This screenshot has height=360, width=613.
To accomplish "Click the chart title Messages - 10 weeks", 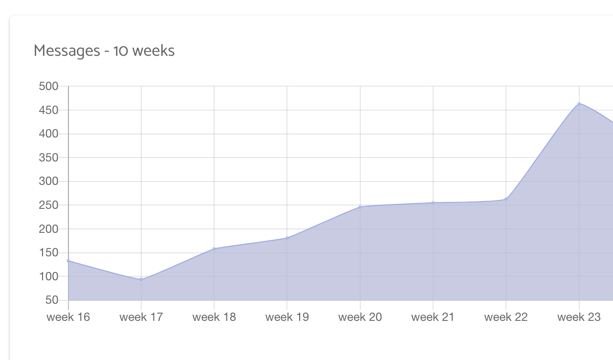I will (x=104, y=50).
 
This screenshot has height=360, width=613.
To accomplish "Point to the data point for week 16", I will (x=68, y=261).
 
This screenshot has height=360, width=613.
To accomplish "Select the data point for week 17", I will (x=141, y=279).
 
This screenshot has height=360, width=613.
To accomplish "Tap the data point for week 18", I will (x=214, y=249).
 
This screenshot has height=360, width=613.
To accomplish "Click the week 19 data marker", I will (x=287, y=238).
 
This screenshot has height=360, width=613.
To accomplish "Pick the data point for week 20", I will (x=360, y=207).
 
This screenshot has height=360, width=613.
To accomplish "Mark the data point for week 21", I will (x=433, y=202).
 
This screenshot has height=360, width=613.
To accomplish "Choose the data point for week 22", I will (x=506, y=199).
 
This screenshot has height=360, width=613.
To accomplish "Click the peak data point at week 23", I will (x=579, y=104).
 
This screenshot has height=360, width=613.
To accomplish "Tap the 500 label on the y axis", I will (x=48, y=87).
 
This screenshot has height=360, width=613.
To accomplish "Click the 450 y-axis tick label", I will (x=48, y=111).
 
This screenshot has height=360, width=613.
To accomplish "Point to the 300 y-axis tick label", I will (x=48, y=181).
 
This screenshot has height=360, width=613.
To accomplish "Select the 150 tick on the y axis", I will (x=48, y=253).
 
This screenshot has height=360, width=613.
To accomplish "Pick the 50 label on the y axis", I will (x=51, y=300).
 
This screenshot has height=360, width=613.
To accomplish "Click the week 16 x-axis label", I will (x=68, y=317).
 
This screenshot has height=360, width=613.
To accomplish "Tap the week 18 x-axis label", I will (x=214, y=317).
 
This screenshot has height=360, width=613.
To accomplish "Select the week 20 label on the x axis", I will (x=360, y=317).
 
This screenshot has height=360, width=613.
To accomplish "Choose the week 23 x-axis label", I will (x=579, y=317).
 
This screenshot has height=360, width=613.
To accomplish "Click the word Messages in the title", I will (x=66, y=50).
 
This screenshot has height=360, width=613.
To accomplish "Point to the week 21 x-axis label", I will (x=433, y=317).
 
